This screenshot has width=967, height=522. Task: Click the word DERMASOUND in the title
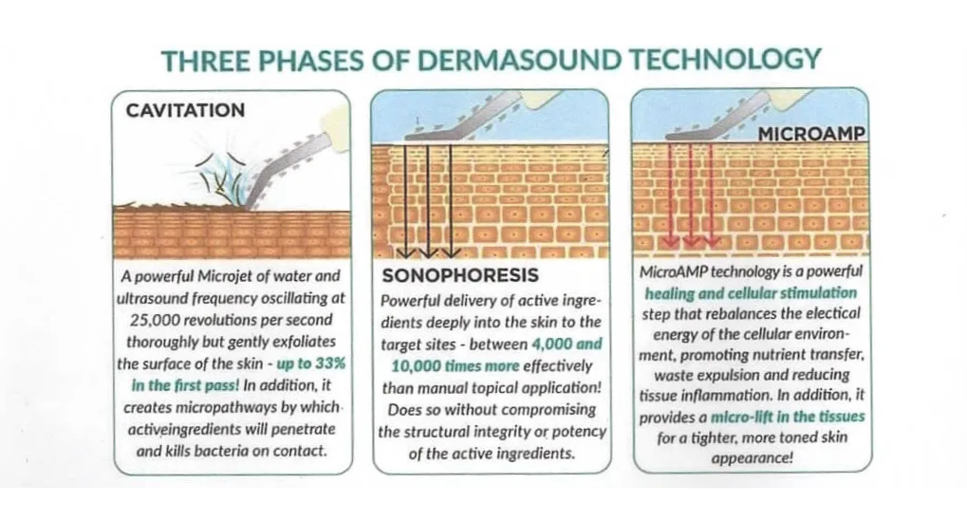[519, 60]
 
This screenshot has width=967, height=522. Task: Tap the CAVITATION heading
[186, 110]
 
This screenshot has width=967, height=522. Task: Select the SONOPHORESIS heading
[460, 275]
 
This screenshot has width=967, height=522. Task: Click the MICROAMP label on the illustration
[811, 134]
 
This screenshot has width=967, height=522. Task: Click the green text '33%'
[330, 364]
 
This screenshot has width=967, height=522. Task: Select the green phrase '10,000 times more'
[456, 366]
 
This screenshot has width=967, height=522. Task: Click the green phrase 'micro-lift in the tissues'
[788, 417]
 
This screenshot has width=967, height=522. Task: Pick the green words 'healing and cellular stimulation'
[751, 293]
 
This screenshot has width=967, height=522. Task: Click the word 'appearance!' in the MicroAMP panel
[752, 457]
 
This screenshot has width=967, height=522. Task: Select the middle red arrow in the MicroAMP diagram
[691, 195]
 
